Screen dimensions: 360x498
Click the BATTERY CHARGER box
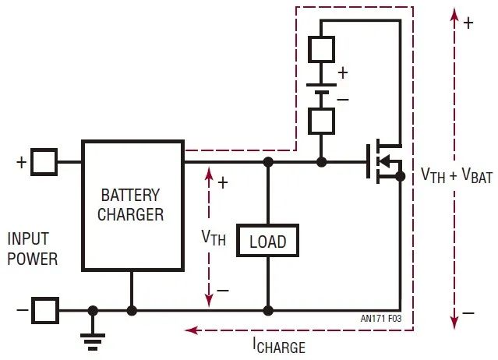[x=132, y=205]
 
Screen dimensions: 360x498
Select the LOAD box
[x=267, y=242]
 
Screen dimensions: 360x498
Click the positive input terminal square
[x=45, y=162]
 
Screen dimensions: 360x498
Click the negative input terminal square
[x=45, y=310]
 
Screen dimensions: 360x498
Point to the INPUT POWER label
[x=32, y=248]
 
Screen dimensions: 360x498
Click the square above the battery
[x=321, y=48]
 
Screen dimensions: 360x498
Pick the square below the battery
[x=321, y=121]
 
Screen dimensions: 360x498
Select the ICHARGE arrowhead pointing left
[x=189, y=330]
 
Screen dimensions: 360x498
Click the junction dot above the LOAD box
[x=267, y=162]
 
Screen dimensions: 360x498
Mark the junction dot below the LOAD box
[x=267, y=310]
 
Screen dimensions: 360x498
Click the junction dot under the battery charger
[x=132, y=310]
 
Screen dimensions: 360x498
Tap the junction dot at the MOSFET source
[x=400, y=177]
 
